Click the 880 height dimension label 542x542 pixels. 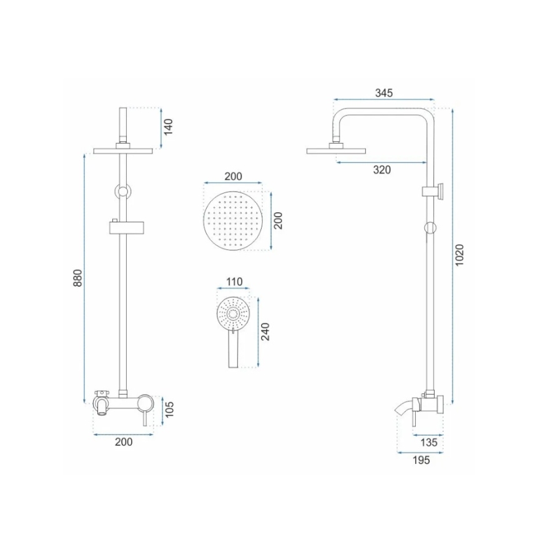pos(78,278)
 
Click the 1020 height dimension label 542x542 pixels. pos(460,255)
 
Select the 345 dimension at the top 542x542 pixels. pos(383,93)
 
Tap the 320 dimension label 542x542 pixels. pos(382,170)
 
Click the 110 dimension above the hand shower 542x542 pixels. pos(234,282)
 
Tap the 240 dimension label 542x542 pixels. pos(265,332)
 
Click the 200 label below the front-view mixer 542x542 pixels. pos(124,442)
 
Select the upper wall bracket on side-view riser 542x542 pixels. pos(435,191)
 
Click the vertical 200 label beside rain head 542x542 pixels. pos(278,220)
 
